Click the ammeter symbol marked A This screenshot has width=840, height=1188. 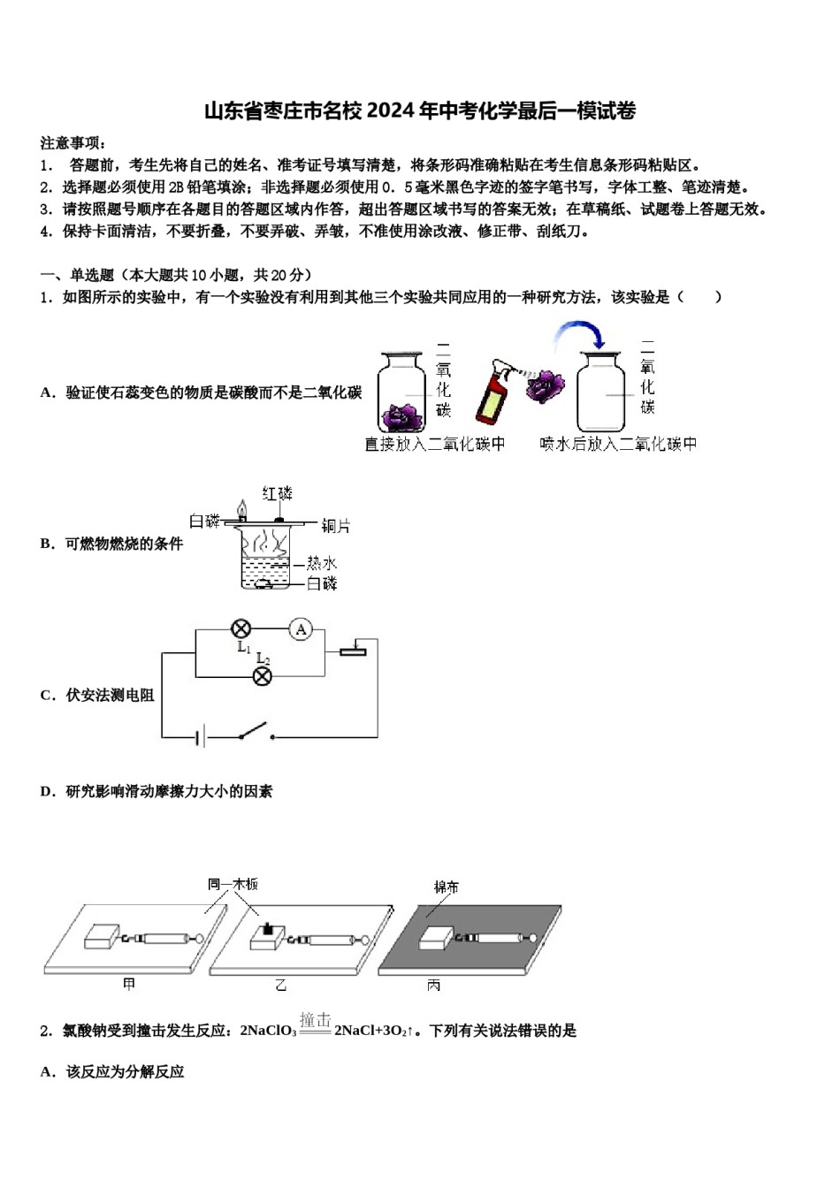pos(301,629)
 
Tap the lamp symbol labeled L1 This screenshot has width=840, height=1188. pos(241,629)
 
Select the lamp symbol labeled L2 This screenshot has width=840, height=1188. pos(262,676)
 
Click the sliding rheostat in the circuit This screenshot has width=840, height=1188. pos(353,651)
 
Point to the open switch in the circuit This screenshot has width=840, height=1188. pos(255,732)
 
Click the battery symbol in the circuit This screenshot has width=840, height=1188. pos(202,735)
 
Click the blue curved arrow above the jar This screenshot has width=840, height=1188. pos(579,333)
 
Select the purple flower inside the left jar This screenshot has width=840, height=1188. pos(402,414)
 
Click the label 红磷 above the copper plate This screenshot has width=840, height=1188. pos(277,493)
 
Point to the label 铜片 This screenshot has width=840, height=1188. pos(335,526)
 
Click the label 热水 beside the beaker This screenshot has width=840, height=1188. pos(321,563)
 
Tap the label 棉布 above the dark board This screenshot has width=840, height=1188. pos(447,887)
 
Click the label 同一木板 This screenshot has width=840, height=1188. pos(233,884)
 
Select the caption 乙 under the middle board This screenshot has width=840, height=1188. pos(281,985)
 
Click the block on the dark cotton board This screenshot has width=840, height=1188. pos(436,937)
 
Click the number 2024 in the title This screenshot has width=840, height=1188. pos(390,111)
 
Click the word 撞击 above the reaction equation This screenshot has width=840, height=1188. pos(315,1020)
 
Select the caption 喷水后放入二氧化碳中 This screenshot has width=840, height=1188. pos(618,444)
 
